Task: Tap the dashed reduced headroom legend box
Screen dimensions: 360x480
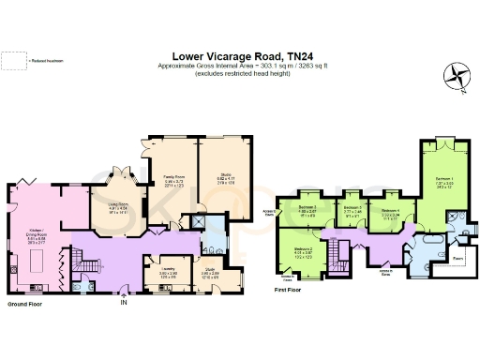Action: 13,61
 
